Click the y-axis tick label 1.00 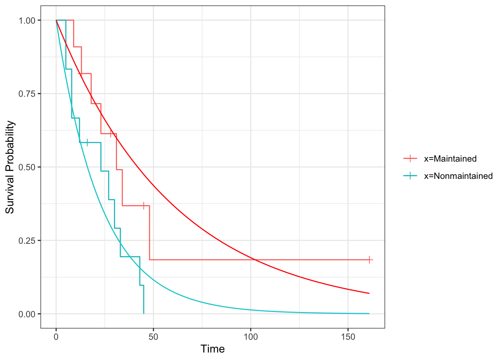27,20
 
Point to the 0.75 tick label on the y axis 27,94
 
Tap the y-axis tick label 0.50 27,167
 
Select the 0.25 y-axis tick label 27,240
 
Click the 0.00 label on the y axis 27,314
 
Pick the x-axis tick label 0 56,337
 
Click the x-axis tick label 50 153,337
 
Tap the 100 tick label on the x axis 250,337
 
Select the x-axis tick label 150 348,337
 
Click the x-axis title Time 213,349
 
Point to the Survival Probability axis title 10,167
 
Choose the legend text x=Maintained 450,159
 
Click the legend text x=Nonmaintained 458,176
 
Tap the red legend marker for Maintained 410,159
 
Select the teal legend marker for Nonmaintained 410,176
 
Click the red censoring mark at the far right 369,259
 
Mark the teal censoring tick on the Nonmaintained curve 87,142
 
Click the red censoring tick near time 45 144,205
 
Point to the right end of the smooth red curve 369,293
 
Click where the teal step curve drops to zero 144,313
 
